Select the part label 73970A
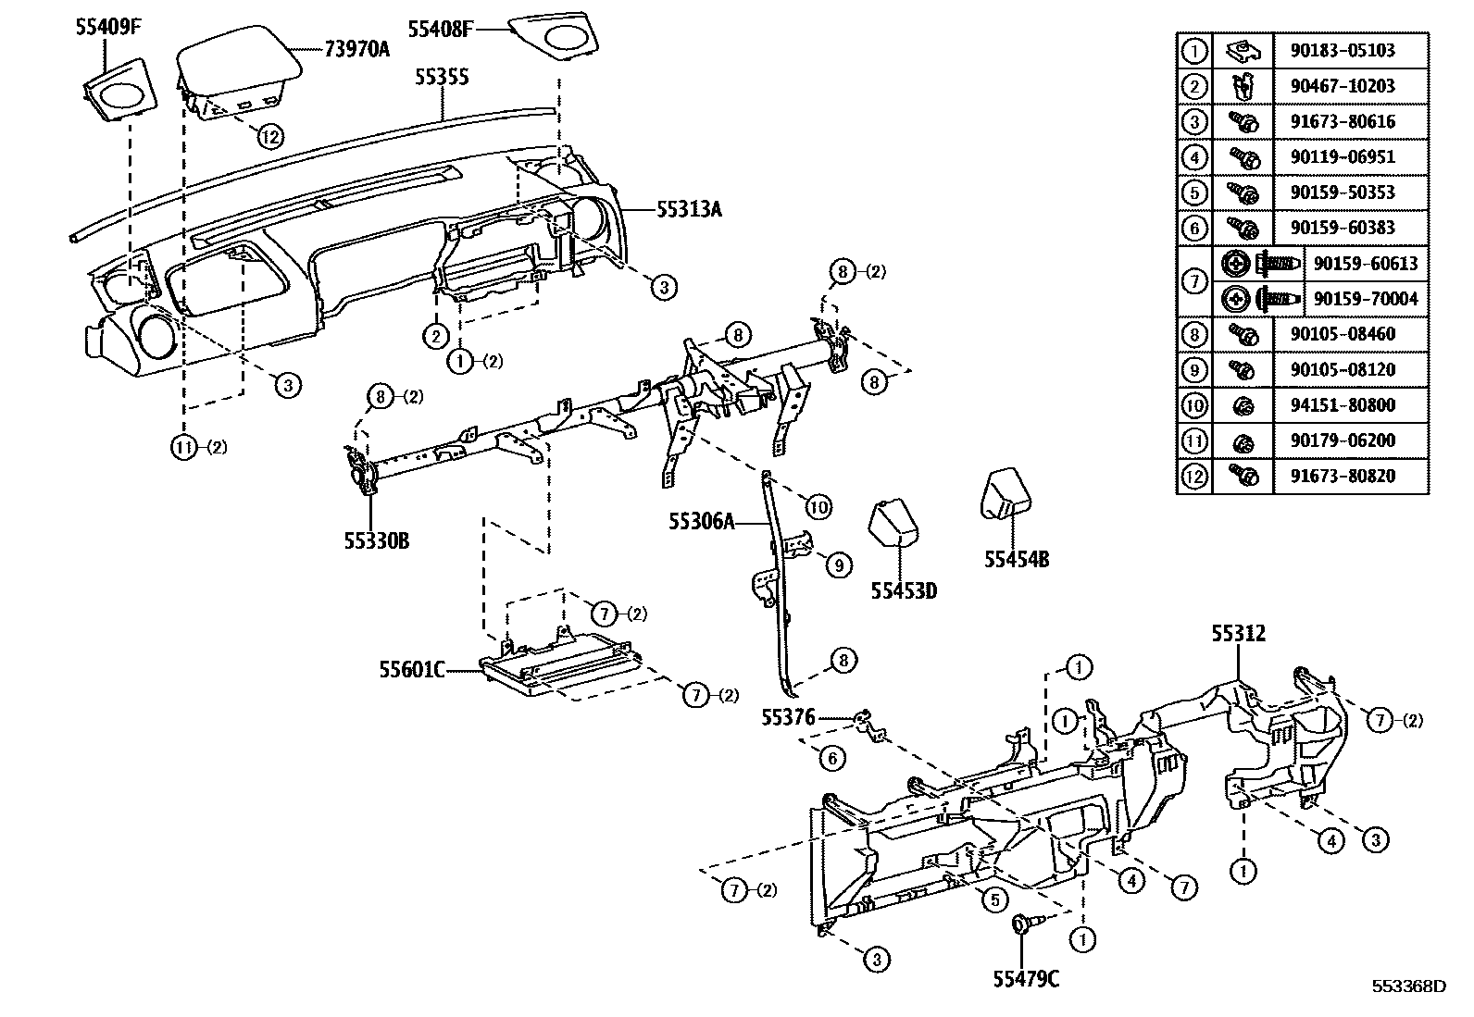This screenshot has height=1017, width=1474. pos(356,49)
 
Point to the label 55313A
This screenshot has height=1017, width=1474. pos(689,209)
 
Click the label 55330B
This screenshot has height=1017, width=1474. pos(376,540)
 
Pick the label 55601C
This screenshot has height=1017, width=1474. pos(411,668)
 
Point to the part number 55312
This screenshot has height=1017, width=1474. pos(1239,634)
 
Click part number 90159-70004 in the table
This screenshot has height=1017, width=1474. pos(1366,299)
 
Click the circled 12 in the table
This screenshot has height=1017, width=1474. pos(1194,476)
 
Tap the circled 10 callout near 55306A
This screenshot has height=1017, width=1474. pos(818,506)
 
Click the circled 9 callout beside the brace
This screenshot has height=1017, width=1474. pos(838,564)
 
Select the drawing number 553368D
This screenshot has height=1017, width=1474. pos(1408,986)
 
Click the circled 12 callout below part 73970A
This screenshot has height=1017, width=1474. pos(269,136)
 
